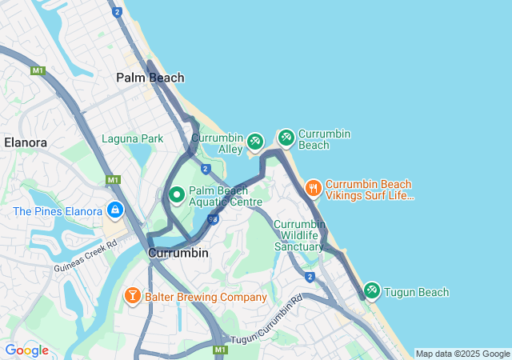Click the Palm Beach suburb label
coord(150,78)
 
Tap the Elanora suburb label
coord(26,142)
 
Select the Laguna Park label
coord(132,138)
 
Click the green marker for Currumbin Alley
coord(254,142)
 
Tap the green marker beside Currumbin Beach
coord(286,138)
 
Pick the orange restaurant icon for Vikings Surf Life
coord(313,189)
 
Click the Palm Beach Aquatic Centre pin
coord(177,194)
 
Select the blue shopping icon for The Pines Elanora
coord(115,210)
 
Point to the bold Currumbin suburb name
coord(178,253)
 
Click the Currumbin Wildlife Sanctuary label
coord(299,235)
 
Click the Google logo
coord(26,350)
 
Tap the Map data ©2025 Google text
coord(462,354)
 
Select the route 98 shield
coord(213,218)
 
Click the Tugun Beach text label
coord(417,292)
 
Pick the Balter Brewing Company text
coord(206,297)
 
